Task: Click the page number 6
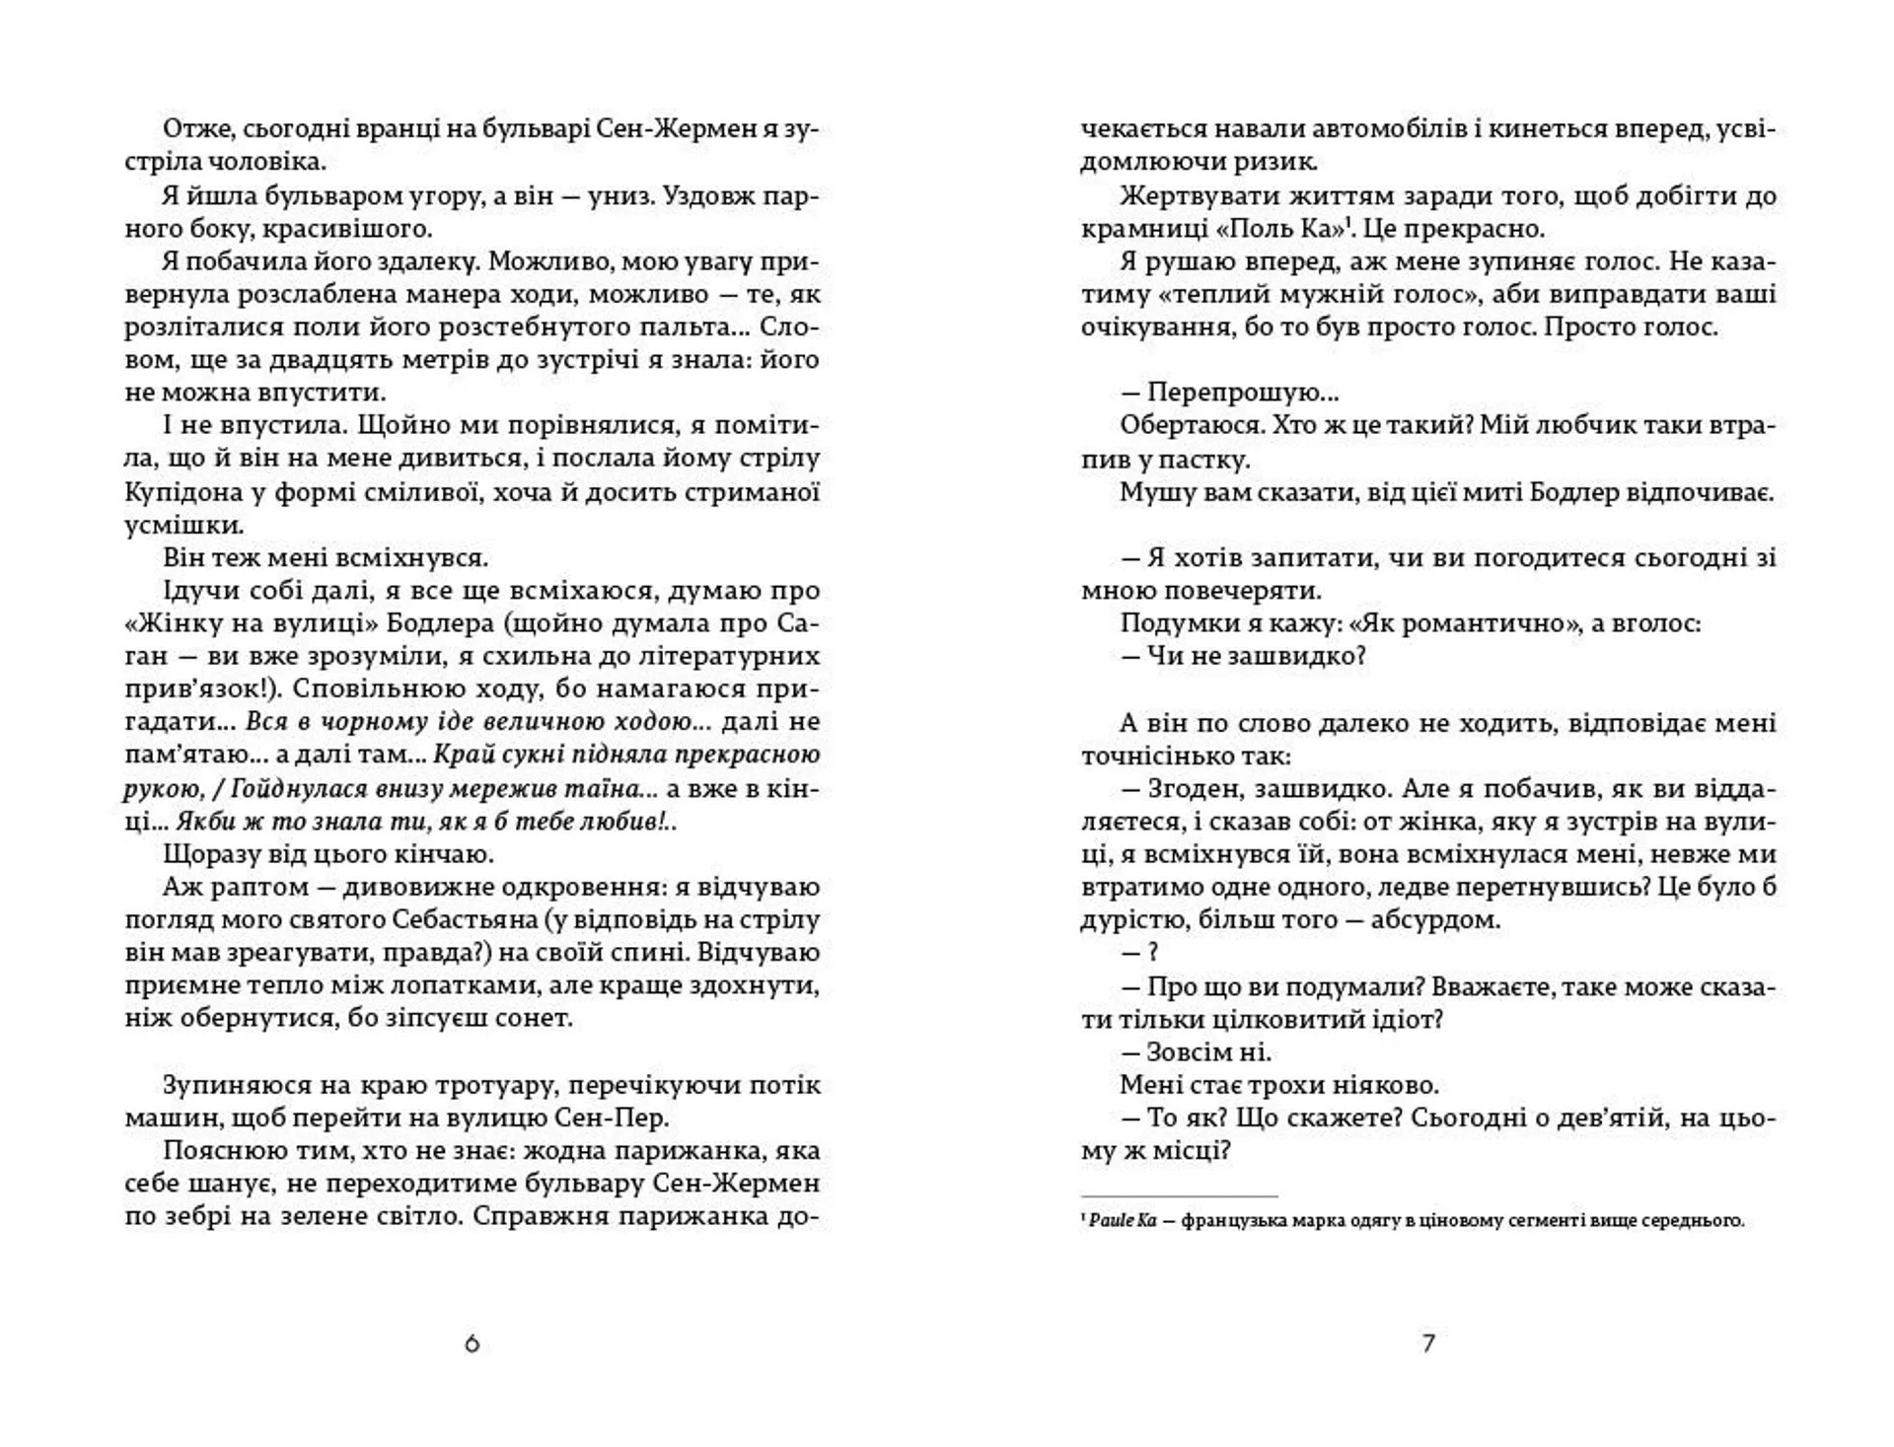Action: (472, 1343)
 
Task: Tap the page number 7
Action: (1428, 1343)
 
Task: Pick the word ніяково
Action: (1376, 1084)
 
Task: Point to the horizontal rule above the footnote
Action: (1179, 1195)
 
